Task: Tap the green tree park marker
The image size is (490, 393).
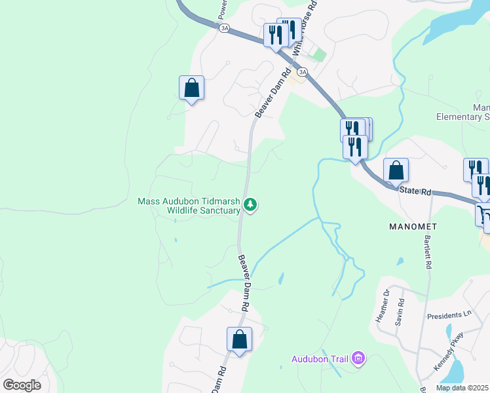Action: pyautogui.click(x=250, y=206)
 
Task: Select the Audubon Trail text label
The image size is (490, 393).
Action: pyautogui.click(x=320, y=358)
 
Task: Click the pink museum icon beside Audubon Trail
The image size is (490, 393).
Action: pyautogui.click(x=358, y=358)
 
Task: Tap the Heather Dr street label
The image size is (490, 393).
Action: pyautogui.click(x=381, y=306)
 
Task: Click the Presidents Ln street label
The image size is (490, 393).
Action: pyautogui.click(x=449, y=315)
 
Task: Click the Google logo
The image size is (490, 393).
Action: pyautogui.click(x=22, y=385)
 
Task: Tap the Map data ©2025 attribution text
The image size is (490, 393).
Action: pyautogui.click(x=462, y=388)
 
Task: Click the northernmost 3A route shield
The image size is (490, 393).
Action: pyautogui.click(x=225, y=28)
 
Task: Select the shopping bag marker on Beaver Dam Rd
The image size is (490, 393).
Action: pyautogui.click(x=239, y=339)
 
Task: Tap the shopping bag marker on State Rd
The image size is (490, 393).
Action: pyautogui.click(x=396, y=170)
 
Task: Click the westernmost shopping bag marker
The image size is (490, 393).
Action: pyautogui.click(x=191, y=88)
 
